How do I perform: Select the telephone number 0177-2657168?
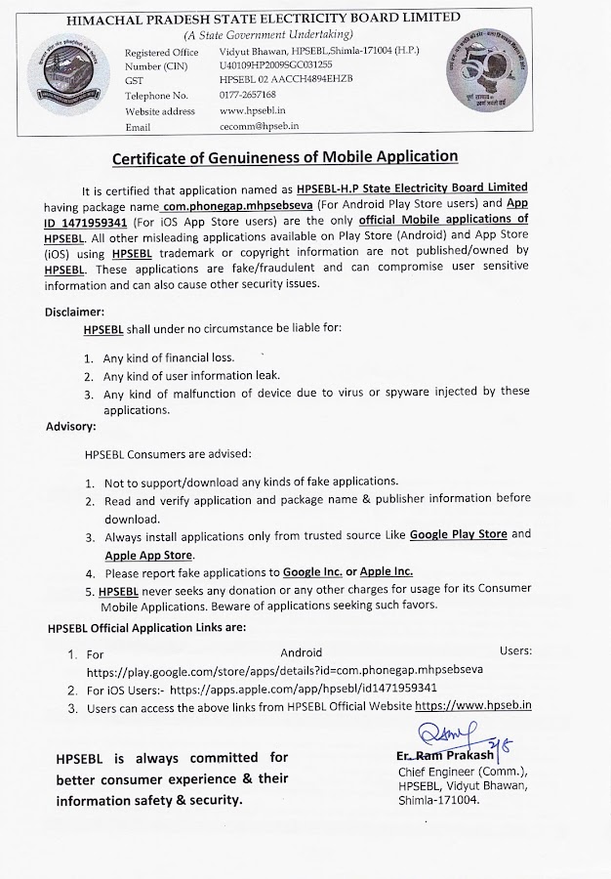tap(248, 95)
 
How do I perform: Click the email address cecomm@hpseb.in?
tap(259, 126)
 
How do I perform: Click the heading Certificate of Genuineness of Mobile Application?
tap(285, 156)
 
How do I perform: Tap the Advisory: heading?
tap(70, 426)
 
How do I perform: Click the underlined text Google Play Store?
tap(459, 534)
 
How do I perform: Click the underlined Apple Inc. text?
tap(387, 571)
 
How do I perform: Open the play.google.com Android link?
tap(284, 671)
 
